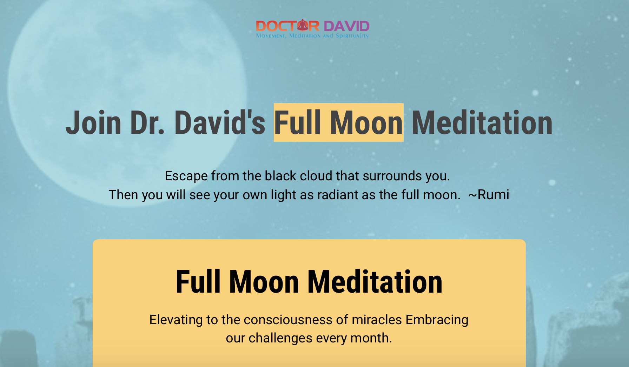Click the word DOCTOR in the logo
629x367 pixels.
[287, 26]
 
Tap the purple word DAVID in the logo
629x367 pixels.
[346, 26]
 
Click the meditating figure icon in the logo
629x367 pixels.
[303, 25]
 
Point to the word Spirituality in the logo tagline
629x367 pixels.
[352, 35]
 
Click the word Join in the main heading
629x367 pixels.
[93, 122]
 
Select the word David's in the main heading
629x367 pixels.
[220, 122]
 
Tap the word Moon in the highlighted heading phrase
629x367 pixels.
[366, 122]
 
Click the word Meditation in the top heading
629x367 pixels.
[482, 122]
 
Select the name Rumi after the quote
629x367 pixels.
[493, 195]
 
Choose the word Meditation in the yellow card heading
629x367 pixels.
[375, 282]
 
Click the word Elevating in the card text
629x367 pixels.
[176, 320]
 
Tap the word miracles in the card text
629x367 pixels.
[377, 320]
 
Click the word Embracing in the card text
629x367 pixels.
[437, 320]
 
